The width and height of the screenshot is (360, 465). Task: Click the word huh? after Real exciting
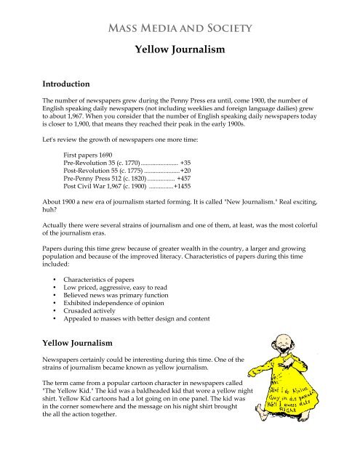click(51, 226)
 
